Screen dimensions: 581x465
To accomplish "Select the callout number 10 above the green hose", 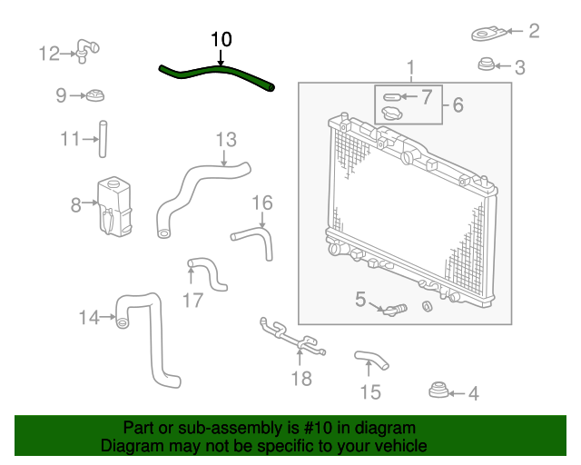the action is point(222,39).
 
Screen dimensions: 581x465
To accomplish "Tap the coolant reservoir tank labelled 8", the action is point(114,206).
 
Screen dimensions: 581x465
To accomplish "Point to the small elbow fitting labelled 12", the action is point(87,51).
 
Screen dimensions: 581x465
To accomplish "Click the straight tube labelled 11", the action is point(103,139).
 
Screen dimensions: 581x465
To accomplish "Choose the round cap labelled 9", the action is point(95,95).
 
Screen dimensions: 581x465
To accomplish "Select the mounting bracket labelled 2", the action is point(488,34).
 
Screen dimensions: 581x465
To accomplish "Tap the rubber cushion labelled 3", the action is point(486,64).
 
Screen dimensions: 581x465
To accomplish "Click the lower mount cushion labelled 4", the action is point(438,390).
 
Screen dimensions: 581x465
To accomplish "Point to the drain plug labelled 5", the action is point(395,310).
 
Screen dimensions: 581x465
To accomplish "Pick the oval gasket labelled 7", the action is point(391,97).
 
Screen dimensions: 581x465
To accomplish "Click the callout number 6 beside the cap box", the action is point(458,104).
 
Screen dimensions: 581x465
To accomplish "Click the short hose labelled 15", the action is point(371,360).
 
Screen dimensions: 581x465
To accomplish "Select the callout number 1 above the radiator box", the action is point(410,68).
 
